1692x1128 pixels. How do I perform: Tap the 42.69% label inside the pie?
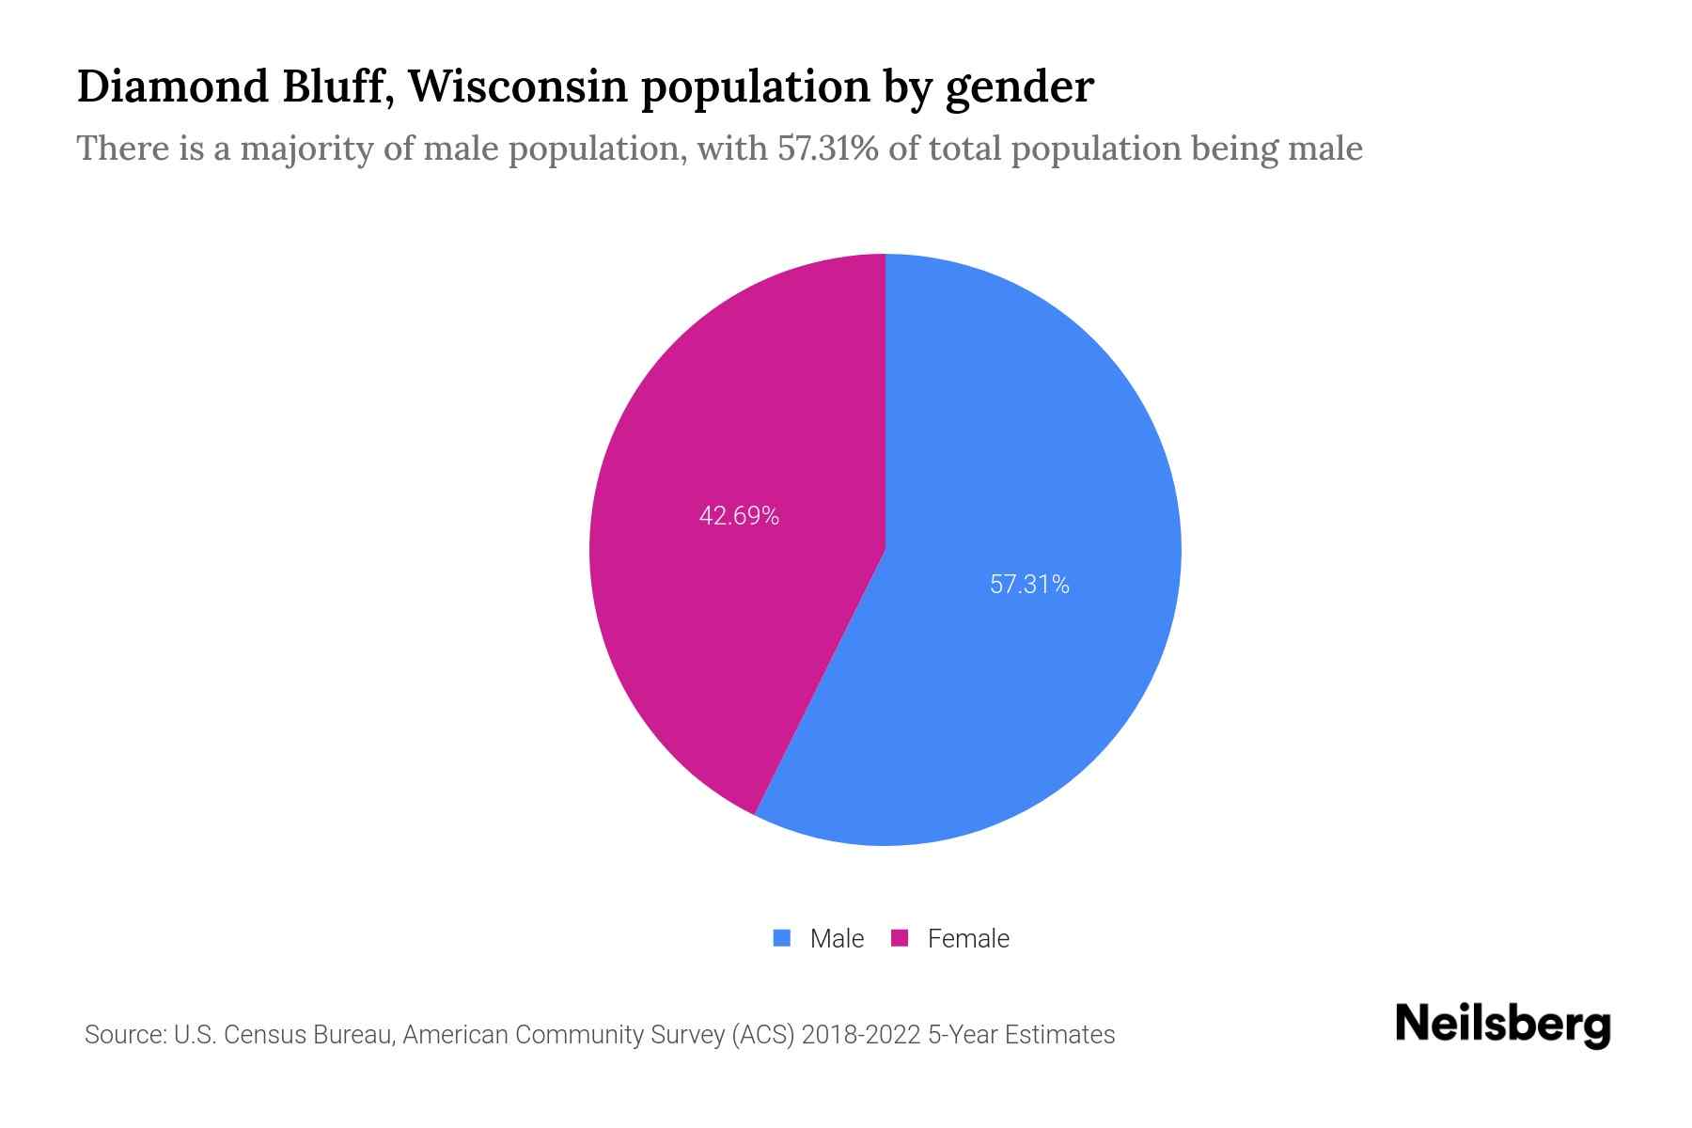tap(739, 516)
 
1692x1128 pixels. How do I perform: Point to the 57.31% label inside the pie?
tap(1029, 585)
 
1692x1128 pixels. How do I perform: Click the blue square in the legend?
tap(781, 938)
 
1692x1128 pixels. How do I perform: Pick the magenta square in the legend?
tap(900, 938)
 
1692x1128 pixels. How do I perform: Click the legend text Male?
tap(837, 939)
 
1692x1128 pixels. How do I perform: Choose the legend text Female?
tap(968, 939)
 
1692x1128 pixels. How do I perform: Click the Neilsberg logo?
tap(1502, 1026)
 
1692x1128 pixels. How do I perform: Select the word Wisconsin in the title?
tap(518, 86)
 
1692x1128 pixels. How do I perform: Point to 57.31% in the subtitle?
tap(827, 149)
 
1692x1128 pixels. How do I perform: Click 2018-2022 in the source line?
tap(860, 1035)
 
